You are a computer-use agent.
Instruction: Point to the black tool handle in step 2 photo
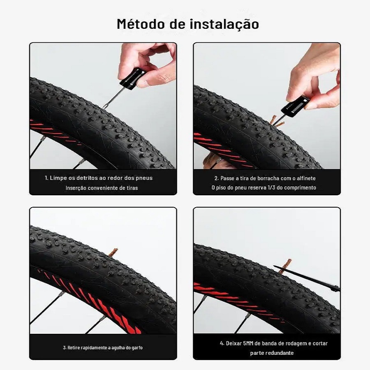click(x=295, y=106)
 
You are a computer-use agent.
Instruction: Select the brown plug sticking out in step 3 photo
click(x=113, y=252)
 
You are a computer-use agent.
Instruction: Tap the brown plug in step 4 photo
click(x=284, y=266)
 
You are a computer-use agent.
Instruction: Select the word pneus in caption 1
click(x=144, y=178)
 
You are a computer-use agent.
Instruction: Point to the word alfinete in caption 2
click(x=306, y=178)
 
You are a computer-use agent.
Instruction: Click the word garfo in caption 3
click(x=138, y=347)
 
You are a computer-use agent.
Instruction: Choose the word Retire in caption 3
click(x=74, y=347)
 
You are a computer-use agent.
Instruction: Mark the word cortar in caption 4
click(x=320, y=343)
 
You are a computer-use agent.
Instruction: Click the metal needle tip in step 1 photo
click(x=104, y=107)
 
